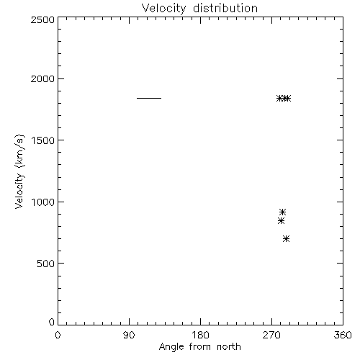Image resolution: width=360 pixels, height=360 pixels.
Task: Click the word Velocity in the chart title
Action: click(163, 9)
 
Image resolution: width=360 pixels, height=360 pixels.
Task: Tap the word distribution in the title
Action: click(225, 8)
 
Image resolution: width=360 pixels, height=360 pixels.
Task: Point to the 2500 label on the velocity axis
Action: click(42, 19)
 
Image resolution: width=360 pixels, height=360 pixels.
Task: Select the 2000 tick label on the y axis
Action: click(42, 78)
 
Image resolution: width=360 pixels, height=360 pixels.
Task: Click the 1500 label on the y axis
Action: click(43, 140)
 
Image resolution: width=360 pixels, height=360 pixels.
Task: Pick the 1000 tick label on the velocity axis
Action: click(43, 202)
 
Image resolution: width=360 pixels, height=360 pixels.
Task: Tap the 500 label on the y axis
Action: click(46, 264)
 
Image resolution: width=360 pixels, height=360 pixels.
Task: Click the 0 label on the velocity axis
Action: click(52, 322)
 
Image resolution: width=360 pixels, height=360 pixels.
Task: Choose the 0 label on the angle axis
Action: click(58, 335)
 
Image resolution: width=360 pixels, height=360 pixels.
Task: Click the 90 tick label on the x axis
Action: click(129, 335)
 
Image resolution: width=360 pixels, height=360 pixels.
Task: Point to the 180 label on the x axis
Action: click(200, 335)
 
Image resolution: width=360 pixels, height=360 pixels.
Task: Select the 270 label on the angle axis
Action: click(271, 335)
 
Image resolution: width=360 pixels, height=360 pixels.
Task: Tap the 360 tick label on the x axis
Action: click(343, 335)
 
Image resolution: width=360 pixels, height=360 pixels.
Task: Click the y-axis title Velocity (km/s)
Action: click(19, 171)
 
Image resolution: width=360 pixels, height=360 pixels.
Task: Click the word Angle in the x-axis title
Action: click(171, 347)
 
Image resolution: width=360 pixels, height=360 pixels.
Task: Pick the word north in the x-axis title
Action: click(229, 346)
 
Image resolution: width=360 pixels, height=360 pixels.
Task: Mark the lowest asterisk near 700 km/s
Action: click(286, 238)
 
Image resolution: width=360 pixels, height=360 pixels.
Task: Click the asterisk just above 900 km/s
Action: click(283, 212)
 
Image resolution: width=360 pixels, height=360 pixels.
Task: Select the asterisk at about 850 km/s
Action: click(281, 220)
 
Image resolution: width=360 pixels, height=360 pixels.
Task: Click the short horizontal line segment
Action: click(149, 98)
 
